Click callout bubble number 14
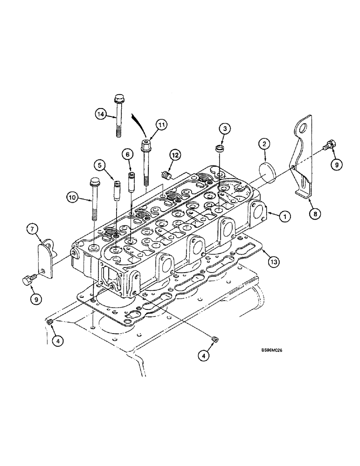(100, 114)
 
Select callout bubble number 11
(161, 124)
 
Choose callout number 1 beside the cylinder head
(285, 216)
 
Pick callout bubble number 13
(274, 263)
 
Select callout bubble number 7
(32, 229)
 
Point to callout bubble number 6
(126, 154)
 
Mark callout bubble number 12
(174, 154)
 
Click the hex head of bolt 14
(118, 99)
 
